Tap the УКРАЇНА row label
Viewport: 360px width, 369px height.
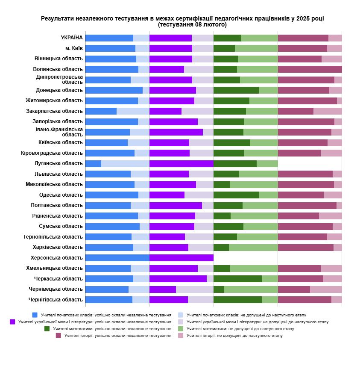(72, 38)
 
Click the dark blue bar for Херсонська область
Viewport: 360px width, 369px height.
(117, 258)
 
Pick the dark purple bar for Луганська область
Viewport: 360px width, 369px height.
(181, 163)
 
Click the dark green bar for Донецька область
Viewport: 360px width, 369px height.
(236, 90)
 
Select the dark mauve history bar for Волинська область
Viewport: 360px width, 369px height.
(310, 69)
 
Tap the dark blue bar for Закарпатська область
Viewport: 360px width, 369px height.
(101, 111)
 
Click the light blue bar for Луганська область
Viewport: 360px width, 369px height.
(125, 163)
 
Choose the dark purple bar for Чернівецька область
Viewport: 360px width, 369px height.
(162, 289)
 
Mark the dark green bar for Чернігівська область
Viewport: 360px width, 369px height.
(237, 300)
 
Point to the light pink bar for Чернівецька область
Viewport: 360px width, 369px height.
(326, 289)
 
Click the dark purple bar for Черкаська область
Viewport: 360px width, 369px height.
(178, 279)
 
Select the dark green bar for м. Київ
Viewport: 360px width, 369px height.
(224, 48)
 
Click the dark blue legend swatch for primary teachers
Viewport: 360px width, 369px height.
(35, 315)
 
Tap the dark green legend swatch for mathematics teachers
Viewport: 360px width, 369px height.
(47, 328)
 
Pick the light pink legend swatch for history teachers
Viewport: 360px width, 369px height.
(180, 336)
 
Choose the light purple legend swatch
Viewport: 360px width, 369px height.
(180, 322)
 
